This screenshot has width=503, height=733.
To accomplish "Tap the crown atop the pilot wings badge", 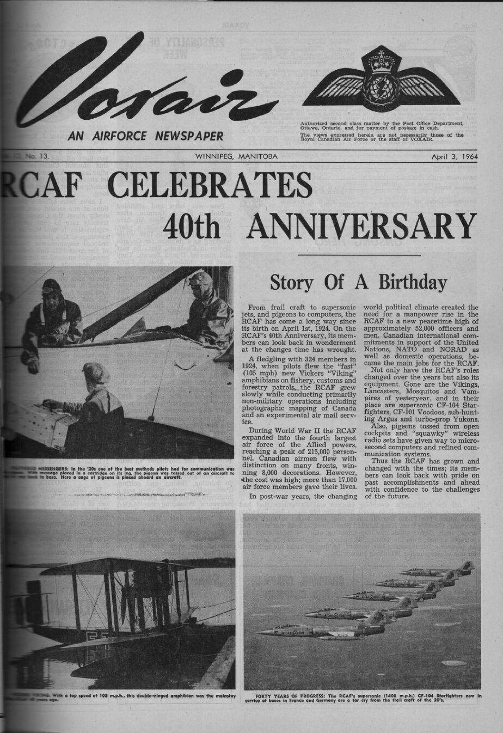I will [x=376, y=59].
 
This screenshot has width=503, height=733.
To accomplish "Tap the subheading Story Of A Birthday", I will [x=358, y=282].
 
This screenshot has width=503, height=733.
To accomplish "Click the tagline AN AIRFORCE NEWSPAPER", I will [x=145, y=136].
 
